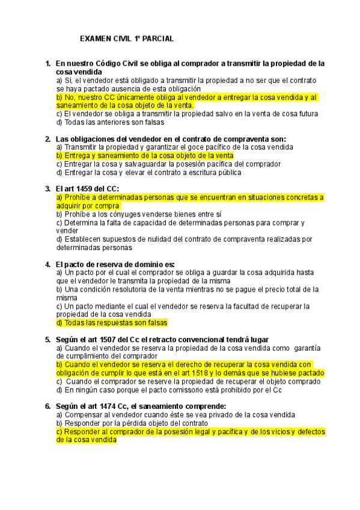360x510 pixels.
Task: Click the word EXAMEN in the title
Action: coord(94,38)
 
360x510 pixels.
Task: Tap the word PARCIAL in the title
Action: coord(159,38)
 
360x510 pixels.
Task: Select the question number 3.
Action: coord(47,189)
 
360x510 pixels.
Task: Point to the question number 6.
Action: coord(47,405)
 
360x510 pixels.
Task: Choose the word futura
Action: coord(301,113)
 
